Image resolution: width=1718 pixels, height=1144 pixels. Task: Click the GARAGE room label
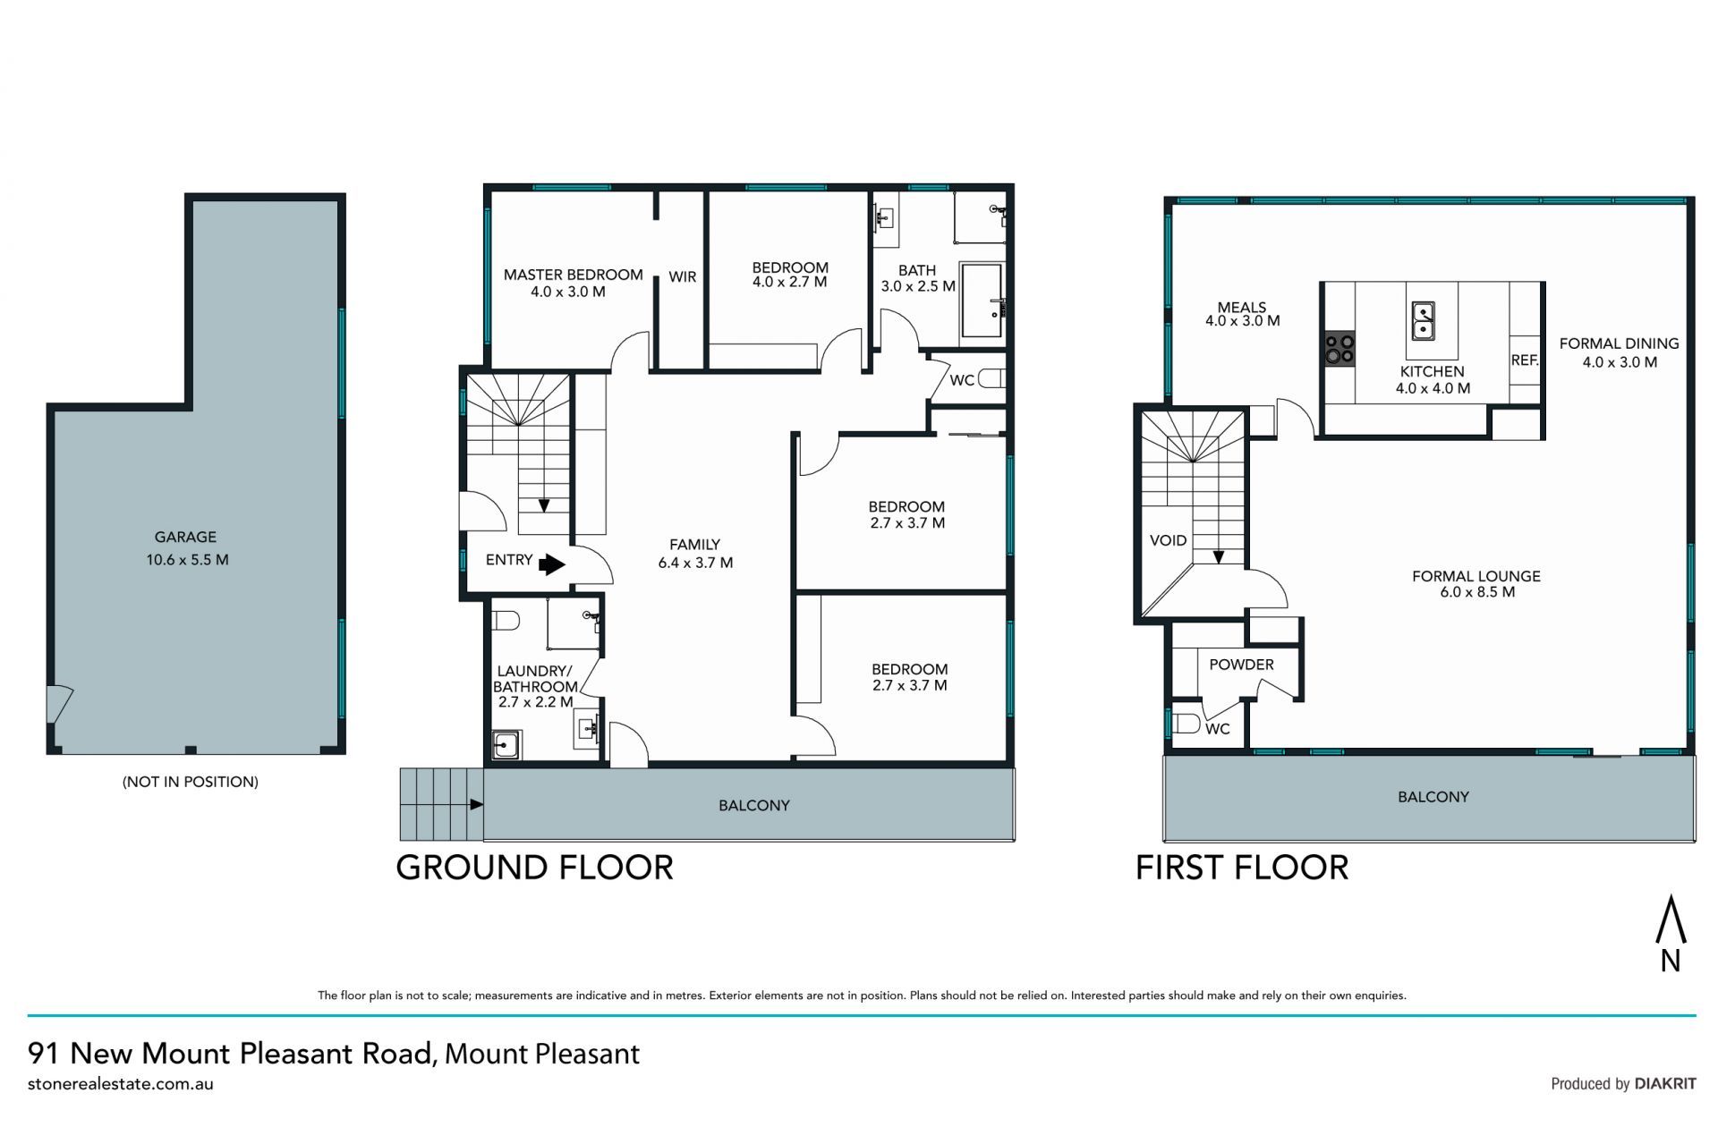coord(185,538)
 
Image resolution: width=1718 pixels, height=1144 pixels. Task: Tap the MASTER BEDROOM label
coord(573,275)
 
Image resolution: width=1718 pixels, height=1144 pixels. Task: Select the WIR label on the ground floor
coord(682,277)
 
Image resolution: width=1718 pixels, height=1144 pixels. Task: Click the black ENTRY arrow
coord(552,564)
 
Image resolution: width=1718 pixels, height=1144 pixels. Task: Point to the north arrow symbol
coord(1671,933)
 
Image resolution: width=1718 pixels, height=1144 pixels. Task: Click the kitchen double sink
coord(1423,321)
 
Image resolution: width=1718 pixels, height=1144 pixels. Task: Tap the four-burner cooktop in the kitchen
coord(1340,349)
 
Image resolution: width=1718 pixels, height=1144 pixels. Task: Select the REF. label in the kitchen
coord(1524,360)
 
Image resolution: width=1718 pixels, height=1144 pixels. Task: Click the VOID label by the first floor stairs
coord(1168,540)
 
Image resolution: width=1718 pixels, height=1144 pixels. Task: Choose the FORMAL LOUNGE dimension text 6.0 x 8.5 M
coord(1477,592)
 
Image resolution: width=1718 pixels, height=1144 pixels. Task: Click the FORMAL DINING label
coord(1619,343)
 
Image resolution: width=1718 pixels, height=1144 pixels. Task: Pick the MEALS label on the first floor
coord(1242,307)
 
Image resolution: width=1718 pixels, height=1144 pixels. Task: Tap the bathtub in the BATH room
coord(982,301)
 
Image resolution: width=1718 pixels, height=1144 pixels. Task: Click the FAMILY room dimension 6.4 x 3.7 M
coord(695,563)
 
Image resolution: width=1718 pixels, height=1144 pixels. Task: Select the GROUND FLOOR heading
coord(534,868)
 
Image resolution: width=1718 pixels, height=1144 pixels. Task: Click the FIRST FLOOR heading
coord(1242,868)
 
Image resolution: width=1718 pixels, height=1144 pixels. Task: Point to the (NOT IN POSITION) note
coord(191,782)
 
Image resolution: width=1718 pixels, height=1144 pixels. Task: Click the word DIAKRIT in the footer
coord(1665,1083)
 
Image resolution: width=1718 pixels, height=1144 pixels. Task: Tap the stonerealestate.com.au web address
coord(121,1084)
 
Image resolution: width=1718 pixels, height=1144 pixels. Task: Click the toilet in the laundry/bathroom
coord(506,621)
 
